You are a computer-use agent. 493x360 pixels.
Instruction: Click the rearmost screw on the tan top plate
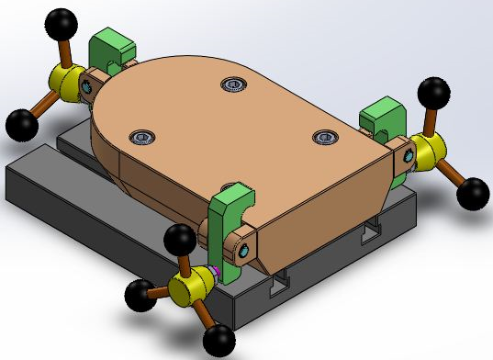(x=233, y=85)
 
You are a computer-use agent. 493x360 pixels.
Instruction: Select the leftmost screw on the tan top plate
(x=142, y=137)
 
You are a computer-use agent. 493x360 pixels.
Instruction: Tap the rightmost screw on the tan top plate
(x=325, y=137)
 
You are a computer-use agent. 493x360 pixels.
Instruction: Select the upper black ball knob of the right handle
(x=432, y=92)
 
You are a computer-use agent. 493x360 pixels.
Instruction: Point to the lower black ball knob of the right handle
(x=473, y=192)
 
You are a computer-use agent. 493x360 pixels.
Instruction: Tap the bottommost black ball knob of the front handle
(x=219, y=342)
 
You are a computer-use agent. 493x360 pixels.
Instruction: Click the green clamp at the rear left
(x=111, y=51)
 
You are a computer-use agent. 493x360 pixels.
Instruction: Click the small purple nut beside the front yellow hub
(x=213, y=272)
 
